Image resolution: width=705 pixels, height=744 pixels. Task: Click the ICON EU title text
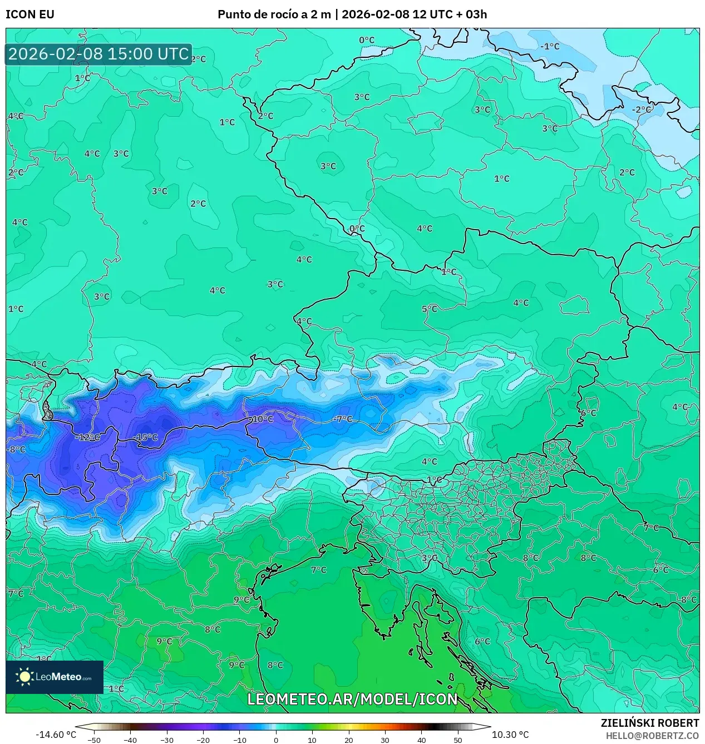tap(30, 14)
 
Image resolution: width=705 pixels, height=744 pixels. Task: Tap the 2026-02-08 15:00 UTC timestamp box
tap(98, 54)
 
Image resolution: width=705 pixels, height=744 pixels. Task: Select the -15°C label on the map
tap(146, 438)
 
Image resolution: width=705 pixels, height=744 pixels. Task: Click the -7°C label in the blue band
tap(343, 419)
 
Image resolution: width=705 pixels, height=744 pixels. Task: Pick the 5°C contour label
tap(430, 309)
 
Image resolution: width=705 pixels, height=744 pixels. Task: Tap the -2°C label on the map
tap(642, 110)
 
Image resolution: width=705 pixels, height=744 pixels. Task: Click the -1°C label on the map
tap(550, 46)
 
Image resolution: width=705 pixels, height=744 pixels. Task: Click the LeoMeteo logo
tap(55, 677)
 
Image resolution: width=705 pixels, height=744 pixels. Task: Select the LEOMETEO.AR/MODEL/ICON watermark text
tap(352, 699)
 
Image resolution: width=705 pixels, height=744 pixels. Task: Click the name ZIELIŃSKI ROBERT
tap(649, 723)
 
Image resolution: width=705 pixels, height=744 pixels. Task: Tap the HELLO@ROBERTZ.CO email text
tap(652, 735)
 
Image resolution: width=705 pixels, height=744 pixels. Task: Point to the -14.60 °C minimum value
tap(56, 735)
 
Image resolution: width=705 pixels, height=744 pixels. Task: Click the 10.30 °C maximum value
tap(510, 735)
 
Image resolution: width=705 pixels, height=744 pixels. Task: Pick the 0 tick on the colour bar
tap(276, 740)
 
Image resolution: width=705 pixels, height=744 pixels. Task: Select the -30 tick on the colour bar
tap(167, 740)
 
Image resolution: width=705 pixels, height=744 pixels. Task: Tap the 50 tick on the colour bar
tap(458, 740)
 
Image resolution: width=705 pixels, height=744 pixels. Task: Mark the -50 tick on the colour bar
tap(94, 740)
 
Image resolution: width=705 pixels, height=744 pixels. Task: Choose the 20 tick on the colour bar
tap(349, 740)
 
